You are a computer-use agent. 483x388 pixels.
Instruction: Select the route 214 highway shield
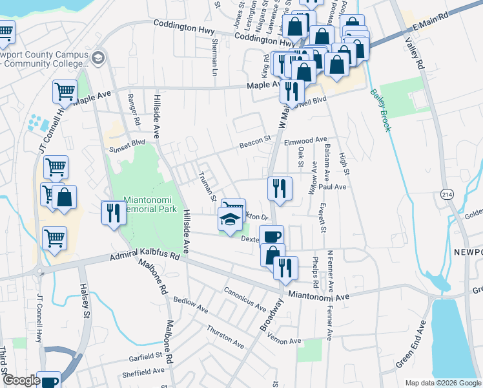446,193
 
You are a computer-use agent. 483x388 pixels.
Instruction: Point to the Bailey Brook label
380,110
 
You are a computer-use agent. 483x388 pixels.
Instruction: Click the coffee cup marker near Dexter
271,236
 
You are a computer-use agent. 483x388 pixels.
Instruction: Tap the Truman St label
207,186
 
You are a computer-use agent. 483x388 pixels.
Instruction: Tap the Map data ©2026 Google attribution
442,383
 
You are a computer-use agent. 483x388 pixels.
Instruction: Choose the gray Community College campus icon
98,58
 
